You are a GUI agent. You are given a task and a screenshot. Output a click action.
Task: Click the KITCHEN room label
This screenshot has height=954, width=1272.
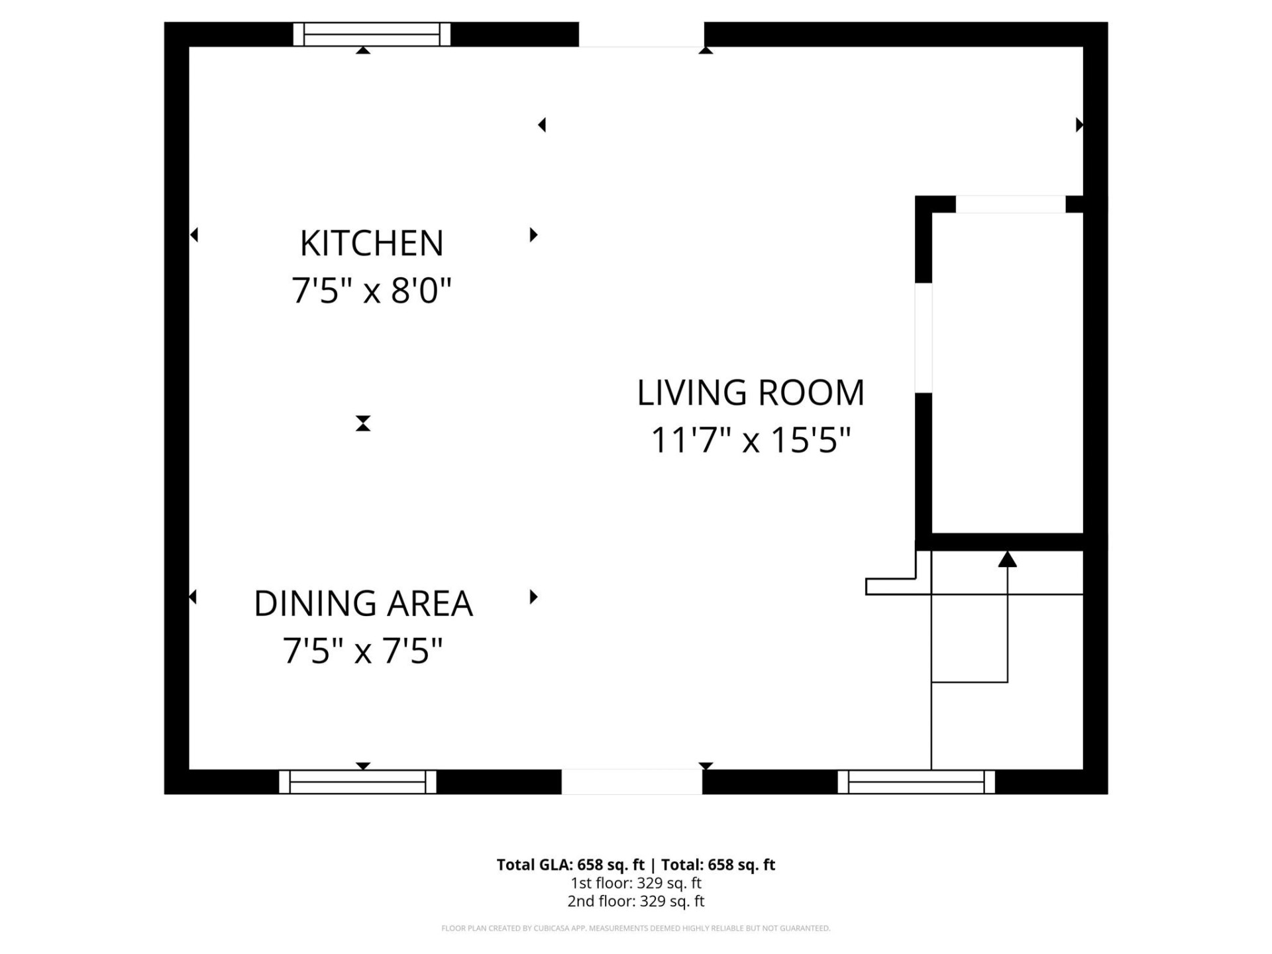coord(371,243)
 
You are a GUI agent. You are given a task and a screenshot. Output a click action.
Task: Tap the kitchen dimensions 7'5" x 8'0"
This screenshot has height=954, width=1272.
coord(371,291)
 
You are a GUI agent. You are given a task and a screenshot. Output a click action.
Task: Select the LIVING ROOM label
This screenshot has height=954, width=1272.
coord(751,393)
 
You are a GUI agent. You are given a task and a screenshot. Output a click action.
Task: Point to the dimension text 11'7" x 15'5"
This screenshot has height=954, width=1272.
coord(751,441)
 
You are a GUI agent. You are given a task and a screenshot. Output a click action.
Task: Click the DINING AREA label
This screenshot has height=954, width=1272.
coord(363,604)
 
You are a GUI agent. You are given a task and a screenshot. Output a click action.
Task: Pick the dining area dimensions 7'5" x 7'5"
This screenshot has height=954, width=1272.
coord(362,651)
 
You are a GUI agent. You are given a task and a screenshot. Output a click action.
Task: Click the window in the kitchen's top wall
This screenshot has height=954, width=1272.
coord(372,34)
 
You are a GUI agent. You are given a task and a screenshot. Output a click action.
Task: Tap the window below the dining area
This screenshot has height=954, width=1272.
coord(358,782)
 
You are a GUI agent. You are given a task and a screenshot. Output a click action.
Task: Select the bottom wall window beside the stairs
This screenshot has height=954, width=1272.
coord(916,782)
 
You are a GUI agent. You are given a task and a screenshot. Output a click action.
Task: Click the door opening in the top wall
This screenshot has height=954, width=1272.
coord(641,34)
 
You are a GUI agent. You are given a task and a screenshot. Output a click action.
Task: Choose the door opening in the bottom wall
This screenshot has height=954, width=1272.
coord(632,782)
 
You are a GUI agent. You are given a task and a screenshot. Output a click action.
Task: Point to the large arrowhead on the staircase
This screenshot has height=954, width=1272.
coord(1007,560)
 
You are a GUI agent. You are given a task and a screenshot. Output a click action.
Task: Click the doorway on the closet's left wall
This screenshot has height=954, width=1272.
coord(924,338)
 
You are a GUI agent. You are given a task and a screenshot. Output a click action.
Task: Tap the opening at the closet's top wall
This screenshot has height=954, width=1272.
coord(1010,204)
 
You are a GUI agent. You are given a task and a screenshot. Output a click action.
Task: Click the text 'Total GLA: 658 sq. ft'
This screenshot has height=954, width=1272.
coord(570,865)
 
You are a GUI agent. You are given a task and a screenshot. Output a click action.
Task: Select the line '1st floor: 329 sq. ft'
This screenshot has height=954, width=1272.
coord(636,883)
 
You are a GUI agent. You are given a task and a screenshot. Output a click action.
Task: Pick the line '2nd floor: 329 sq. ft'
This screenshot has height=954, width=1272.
coord(636,901)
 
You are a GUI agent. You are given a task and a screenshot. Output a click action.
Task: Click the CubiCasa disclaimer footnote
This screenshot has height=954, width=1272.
coord(636,928)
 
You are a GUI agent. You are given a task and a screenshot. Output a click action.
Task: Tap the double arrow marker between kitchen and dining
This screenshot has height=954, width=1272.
coord(363,423)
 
